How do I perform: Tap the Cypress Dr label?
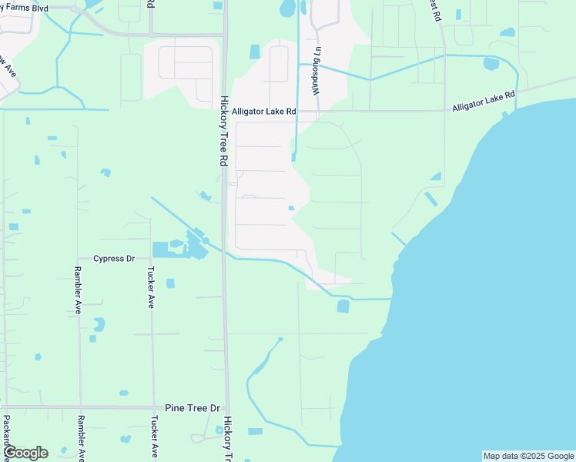pos(115,259)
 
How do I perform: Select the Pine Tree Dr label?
pos(193,408)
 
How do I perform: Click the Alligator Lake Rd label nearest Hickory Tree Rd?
pos(264,112)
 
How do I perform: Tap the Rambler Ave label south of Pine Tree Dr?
pos(79,437)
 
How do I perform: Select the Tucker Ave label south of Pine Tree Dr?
pos(154,437)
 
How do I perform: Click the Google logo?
pos(25,453)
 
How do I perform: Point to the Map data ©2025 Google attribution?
pos(527,456)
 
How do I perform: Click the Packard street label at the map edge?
pos(6,435)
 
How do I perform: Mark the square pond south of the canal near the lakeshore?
pos(343,306)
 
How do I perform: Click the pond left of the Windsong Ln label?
pos(255,52)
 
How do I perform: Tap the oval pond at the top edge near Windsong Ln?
pos(288,8)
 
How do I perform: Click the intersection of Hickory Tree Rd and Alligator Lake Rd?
pos(226,112)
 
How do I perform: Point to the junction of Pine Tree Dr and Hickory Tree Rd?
pos(226,408)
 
